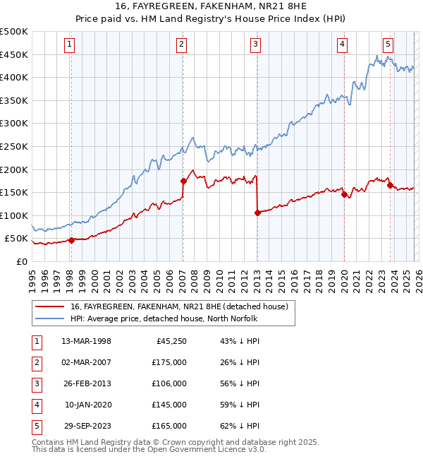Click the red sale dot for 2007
coord(183,181)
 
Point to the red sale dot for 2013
coord(257,213)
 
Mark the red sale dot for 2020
coord(344,195)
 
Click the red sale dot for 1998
coord(72,240)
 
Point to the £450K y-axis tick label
coord(14,54)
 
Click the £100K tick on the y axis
coord(14,215)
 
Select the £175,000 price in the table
coord(169,363)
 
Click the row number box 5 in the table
coord(36,427)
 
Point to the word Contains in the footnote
coord(49,442)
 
